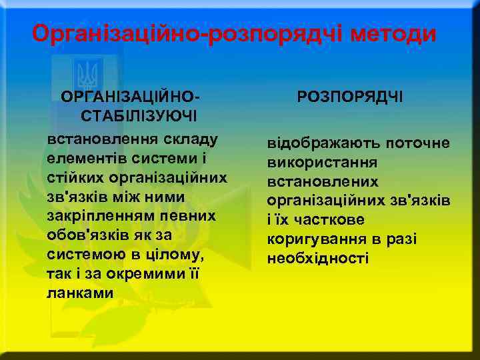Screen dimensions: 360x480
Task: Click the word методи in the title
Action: [389, 33]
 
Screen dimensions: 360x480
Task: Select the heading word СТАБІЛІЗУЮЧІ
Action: [138, 117]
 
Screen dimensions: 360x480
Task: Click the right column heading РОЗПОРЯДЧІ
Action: [350, 97]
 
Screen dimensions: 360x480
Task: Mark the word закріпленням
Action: [101, 217]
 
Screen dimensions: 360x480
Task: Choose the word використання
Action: [322, 163]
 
